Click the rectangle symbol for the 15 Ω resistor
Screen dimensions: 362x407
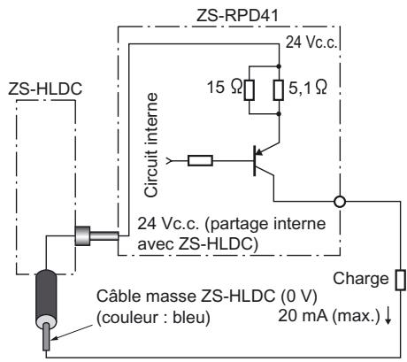click(250, 89)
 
